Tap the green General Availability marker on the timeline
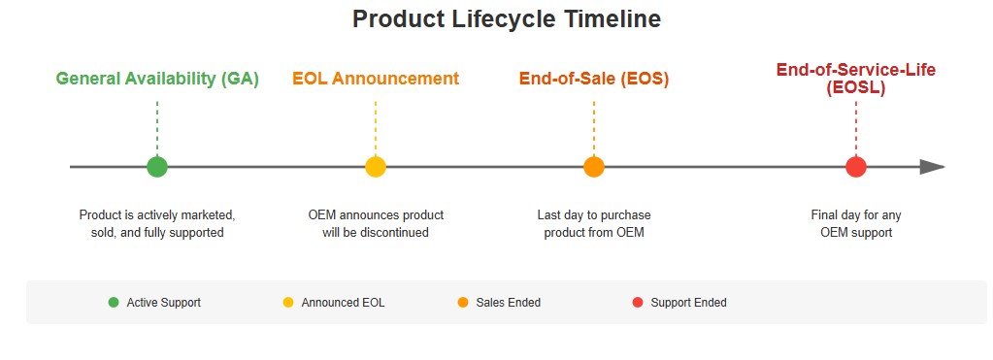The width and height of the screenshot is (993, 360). pos(157,167)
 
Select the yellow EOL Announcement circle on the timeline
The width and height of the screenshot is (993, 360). pos(376,167)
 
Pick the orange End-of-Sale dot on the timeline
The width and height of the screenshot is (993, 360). pos(594,167)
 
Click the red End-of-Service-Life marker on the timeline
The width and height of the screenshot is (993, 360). pos(855,167)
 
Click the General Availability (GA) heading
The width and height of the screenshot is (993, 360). pos(157,80)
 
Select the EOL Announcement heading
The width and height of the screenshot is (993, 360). pos(376,80)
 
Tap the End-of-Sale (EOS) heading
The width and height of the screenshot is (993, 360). pos(594,80)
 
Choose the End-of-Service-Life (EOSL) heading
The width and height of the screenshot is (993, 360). pos(855,79)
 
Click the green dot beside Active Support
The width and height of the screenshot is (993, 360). pos(114,303)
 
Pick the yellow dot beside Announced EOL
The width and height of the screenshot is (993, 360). pos(288,303)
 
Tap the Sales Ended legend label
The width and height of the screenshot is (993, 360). pos(508,303)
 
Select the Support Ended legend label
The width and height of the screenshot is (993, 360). pos(688,303)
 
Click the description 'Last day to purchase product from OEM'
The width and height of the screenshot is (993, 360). pos(594,223)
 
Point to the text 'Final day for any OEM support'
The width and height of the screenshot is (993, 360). pos(855,223)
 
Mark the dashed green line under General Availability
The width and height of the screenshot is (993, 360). pos(157,126)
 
